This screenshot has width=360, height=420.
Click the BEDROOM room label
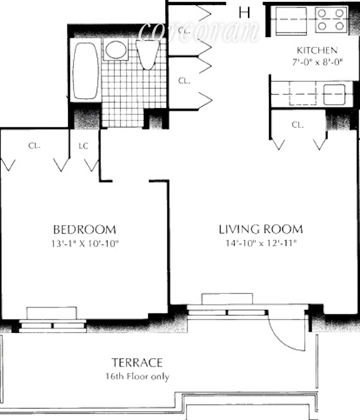(x=85, y=230)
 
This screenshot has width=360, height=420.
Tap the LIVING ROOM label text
(x=261, y=229)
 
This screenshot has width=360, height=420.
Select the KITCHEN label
(x=317, y=50)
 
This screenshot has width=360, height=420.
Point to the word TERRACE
(x=137, y=363)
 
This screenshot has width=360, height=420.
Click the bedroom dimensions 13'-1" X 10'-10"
(x=85, y=244)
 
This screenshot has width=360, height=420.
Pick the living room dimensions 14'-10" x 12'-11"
(x=261, y=243)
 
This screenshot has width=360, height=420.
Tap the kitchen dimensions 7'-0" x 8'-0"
(x=317, y=62)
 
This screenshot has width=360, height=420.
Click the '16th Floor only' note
(x=137, y=377)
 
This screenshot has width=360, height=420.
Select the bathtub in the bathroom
(x=86, y=71)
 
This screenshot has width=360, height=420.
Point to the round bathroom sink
(x=116, y=49)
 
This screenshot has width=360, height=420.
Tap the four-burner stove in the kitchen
(x=331, y=20)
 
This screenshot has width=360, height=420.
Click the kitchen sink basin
(x=335, y=94)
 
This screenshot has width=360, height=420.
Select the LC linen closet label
(x=83, y=146)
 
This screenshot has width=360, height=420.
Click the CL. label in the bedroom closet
(x=34, y=146)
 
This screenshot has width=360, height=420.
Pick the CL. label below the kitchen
(x=298, y=125)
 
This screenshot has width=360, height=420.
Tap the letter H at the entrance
(x=244, y=13)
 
